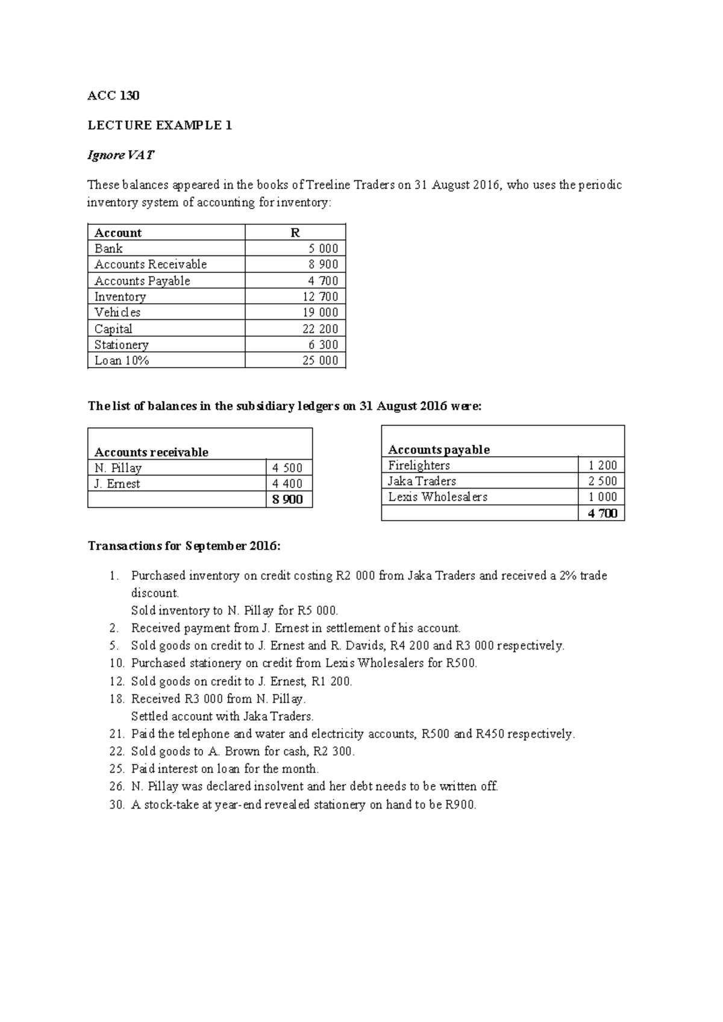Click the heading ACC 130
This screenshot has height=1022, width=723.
[x=113, y=96]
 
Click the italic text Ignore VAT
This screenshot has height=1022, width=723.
[x=120, y=155]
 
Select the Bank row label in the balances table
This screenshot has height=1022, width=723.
[x=108, y=248]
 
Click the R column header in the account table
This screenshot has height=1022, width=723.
[x=295, y=233]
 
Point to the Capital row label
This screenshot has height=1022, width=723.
[x=113, y=328]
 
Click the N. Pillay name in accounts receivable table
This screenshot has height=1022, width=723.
[x=118, y=468]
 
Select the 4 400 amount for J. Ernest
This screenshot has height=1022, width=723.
[x=287, y=483]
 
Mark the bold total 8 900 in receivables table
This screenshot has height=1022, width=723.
[x=287, y=500]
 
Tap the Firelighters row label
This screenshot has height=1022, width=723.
[x=419, y=465]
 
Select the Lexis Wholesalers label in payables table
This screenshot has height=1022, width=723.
[x=437, y=497]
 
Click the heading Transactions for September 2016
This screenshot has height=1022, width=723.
[x=184, y=546]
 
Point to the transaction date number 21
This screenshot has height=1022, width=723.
[x=116, y=734]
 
